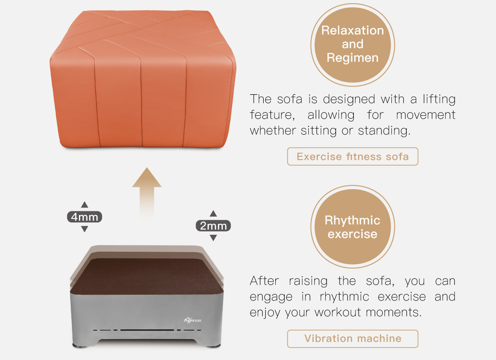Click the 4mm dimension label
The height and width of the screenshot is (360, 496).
click(x=84, y=217)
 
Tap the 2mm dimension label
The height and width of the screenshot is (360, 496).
click(x=213, y=226)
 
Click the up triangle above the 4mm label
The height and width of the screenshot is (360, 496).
click(x=84, y=205)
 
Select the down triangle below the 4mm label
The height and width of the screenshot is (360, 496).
click(x=84, y=229)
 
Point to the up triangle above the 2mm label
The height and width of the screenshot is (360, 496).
click(x=213, y=213)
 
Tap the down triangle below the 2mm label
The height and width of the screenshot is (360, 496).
click(x=213, y=238)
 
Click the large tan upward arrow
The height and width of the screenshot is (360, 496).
click(x=147, y=193)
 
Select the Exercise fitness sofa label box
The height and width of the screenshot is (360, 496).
click(x=353, y=157)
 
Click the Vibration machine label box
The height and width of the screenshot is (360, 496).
click(x=353, y=339)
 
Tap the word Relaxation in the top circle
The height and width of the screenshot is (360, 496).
click(x=353, y=30)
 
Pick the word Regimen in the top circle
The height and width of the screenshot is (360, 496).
click(x=353, y=58)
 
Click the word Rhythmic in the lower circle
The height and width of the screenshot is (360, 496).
click(x=353, y=220)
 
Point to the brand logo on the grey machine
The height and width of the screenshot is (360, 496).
click(x=193, y=320)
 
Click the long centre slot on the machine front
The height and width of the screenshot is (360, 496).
click(x=147, y=330)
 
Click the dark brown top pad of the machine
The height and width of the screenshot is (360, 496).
click(x=147, y=277)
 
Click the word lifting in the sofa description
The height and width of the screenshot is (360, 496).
click(x=439, y=99)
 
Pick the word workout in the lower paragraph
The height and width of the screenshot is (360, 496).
click(x=338, y=312)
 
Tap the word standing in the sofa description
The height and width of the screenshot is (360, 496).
click(x=384, y=131)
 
